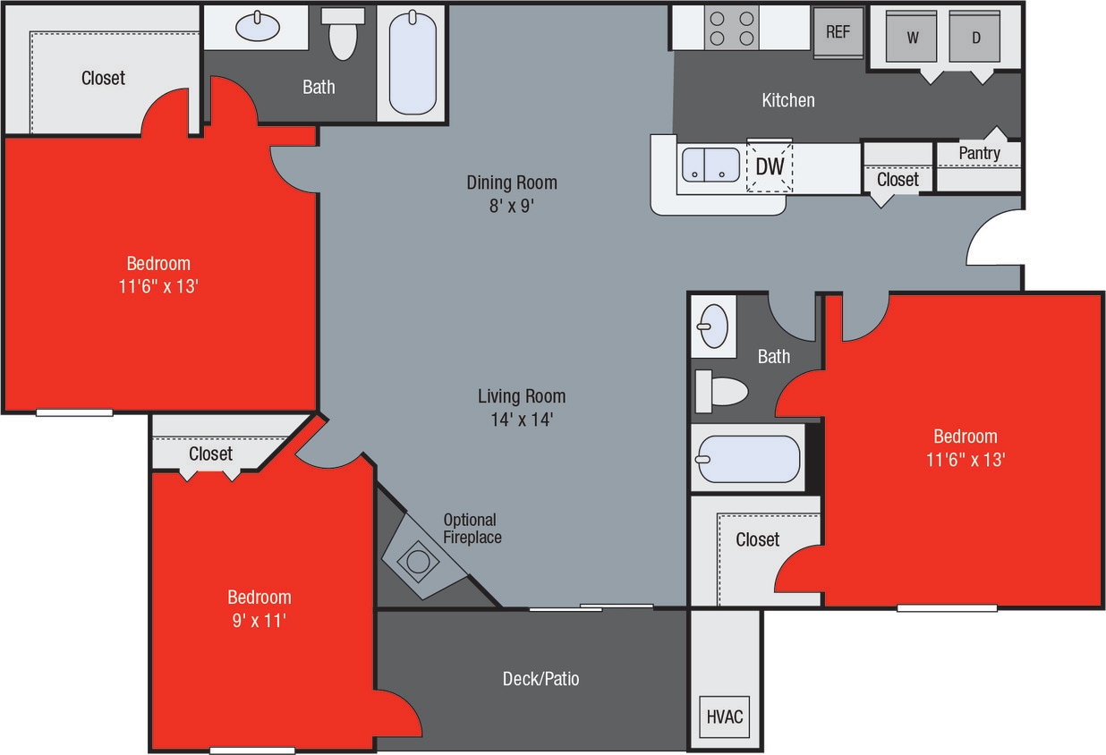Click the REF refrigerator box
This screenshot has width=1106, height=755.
point(838,32)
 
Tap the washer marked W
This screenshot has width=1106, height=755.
point(912,38)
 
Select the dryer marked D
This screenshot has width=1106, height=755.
point(975,38)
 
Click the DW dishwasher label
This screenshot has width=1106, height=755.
point(770,166)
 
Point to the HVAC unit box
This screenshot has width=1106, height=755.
point(725,717)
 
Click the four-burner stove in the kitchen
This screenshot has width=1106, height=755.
point(731,27)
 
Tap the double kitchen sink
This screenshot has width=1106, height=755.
point(710,165)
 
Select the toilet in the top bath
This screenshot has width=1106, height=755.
point(343,36)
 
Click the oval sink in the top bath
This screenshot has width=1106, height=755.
point(258,27)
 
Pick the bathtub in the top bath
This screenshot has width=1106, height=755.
point(413,62)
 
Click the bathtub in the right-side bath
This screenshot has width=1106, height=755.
point(748,458)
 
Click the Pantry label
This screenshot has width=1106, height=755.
point(979,153)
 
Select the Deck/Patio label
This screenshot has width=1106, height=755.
point(540,679)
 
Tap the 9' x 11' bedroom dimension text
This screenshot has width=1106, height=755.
point(259,619)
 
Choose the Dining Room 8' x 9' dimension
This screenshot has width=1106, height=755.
point(511,205)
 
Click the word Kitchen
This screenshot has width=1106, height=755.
point(787,99)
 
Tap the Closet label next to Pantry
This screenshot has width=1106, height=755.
point(897,179)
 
